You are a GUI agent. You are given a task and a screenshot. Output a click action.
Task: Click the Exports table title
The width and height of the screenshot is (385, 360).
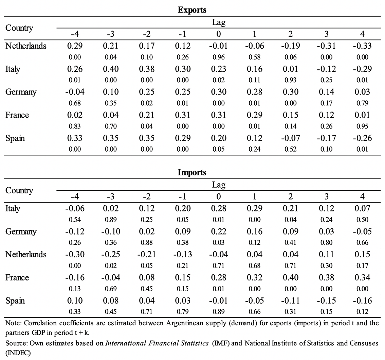tap(192, 10)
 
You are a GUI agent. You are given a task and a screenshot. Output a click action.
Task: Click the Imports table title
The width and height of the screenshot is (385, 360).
tap(192, 172)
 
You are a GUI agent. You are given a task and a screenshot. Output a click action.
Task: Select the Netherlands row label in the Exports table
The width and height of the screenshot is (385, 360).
tap(26, 46)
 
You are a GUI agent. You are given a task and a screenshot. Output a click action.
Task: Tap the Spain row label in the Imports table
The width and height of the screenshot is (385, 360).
tap(15, 301)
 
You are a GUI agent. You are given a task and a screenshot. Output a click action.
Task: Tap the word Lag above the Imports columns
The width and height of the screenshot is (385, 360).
tap(219, 185)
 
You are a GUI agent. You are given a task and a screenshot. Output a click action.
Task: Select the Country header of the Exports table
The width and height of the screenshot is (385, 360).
tap(19, 28)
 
